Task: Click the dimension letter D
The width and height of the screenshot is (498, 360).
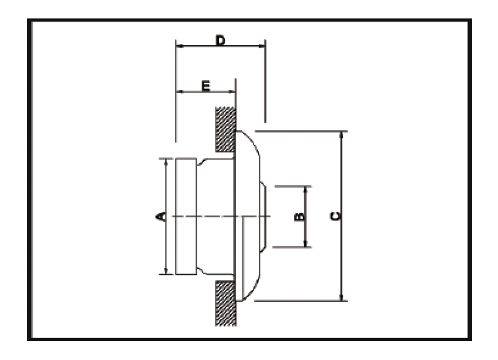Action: [x=220, y=40]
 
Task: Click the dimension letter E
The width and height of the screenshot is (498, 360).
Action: [x=206, y=86]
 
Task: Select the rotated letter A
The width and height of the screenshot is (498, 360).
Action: [x=161, y=216]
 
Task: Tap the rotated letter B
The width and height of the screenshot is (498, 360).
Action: [x=299, y=217]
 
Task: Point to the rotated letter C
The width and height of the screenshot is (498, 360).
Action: [x=335, y=216]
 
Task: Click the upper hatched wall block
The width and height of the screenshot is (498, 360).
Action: [x=225, y=129]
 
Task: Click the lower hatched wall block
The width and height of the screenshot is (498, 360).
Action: [x=226, y=304]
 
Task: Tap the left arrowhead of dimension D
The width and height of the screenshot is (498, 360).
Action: [x=180, y=46]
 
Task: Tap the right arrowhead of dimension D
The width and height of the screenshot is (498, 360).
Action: [x=261, y=46]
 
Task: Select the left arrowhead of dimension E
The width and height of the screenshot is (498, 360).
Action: [x=180, y=92]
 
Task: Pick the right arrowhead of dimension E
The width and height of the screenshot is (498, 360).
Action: [x=231, y=92]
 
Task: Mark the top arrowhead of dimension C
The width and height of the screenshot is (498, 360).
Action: [x=341, y=135]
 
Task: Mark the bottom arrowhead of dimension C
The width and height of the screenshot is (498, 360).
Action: [x=341, y=297]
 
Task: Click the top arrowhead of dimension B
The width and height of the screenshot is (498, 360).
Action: [x=305, y=190]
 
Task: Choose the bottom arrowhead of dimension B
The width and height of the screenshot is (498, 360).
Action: [x=305, y=243]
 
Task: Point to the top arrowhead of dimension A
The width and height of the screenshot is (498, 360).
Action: [x=166, y=162]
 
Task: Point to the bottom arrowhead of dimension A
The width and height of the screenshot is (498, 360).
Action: [x=166, y=270]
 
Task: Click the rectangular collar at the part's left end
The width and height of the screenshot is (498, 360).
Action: [x=186, y=216]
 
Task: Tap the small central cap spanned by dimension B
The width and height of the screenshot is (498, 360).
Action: [x=263, y=217]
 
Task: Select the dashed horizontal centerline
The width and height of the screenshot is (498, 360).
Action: [x=221, y=216]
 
